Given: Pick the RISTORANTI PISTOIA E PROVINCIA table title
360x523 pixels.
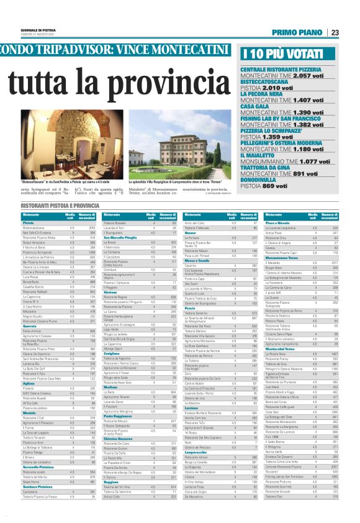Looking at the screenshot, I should [x=61, y=204].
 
